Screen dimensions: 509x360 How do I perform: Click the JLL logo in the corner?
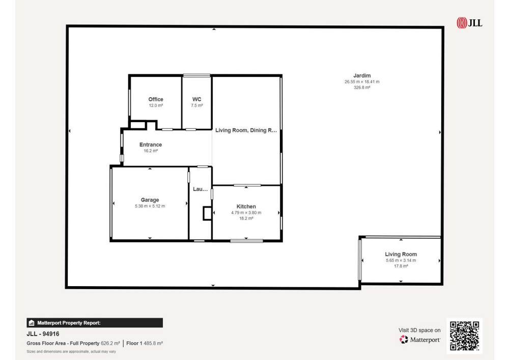(x=469, y=23)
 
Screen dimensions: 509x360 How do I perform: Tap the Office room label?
(x=156, y=99)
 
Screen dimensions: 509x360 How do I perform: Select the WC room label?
(x=196, y=99)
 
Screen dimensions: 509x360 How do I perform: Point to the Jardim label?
(x=362, y=76)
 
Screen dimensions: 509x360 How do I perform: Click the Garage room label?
(x=150, y=200)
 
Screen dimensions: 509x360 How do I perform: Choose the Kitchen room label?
(x=246, y=206)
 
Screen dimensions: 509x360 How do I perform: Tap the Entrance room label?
(x=151, y=145)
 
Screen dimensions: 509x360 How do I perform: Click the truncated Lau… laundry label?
(x=200, y=189)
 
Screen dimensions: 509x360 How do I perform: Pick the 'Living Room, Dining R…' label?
(x=246, y=130)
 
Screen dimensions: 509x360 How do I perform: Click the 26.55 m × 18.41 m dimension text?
(x=362, y=82)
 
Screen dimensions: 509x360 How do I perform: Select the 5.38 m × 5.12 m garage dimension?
(x=150, y=206)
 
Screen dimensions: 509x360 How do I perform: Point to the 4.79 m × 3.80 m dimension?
(x=246, y=213)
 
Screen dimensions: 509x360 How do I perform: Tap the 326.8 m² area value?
(x=362, y=87)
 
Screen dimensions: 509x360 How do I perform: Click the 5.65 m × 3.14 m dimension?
(x=401, y=260)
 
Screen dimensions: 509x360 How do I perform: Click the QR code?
(x=465, y=336)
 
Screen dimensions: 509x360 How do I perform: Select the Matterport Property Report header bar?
(x=95, y=323)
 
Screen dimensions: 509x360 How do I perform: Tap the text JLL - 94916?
(x=43, y=334)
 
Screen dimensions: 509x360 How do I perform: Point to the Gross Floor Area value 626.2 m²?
(x=110, y=343)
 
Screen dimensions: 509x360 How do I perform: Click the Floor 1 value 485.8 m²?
(x=153, y=343)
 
